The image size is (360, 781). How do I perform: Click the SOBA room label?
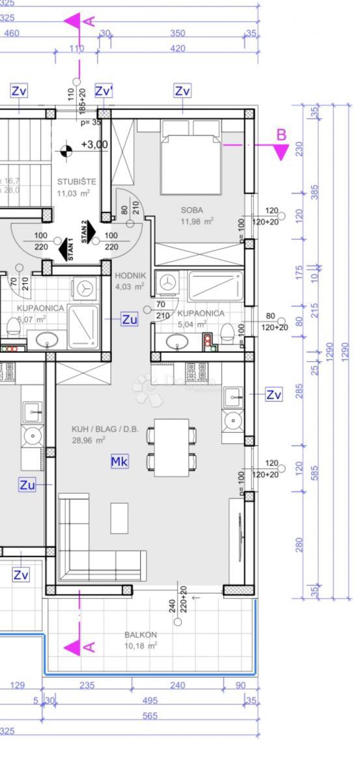pyautogui.click(x=193, y=210)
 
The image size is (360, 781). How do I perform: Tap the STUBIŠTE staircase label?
pyautogui.click(x=76, y=182)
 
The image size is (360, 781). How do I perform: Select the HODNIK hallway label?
pyautogui.click(x=130, y=276)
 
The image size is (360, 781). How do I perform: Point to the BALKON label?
pyautogui.click(x=141, y=635)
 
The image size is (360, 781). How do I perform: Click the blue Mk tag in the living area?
pyautogui.click(x=119, y=461)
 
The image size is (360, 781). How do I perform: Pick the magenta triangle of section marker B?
pyautogui.click(x=281, y=152)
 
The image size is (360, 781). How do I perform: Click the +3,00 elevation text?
pyautogui.click(x=94, y=144)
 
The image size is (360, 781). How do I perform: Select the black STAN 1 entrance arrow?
pyautogui.click(x=65, y=249)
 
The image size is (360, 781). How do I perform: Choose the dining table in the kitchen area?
pyautogui.click(x=172, y=447)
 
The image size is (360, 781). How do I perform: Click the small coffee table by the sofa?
pyautogui.click(x=120, y=517)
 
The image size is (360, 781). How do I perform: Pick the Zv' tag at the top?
pyautogui.click(x=104, y=91)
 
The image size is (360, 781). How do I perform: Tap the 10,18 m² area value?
pyautogui.click(x=140, y=646)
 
